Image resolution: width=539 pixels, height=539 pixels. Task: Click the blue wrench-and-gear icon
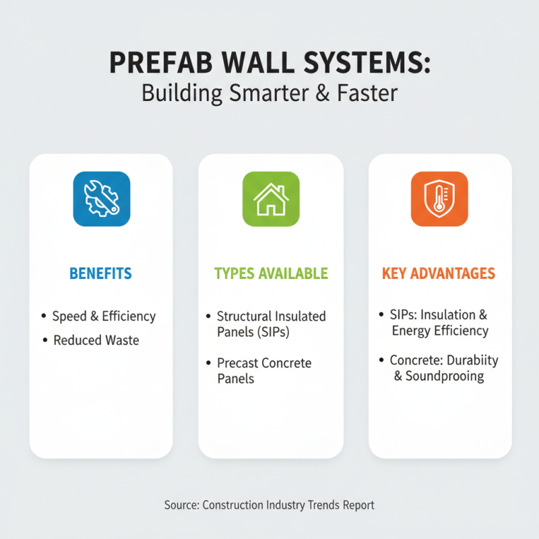101,198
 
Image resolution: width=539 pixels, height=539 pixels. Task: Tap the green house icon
271,198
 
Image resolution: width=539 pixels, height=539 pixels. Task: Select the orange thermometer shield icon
439,198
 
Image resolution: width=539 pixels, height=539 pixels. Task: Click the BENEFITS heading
101,274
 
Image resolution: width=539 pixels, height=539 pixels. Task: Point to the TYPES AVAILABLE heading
271,274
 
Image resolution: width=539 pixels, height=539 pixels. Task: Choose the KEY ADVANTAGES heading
439,274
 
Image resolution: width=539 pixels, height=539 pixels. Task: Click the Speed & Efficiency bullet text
104,316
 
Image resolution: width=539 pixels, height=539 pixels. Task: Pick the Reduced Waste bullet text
96,340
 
